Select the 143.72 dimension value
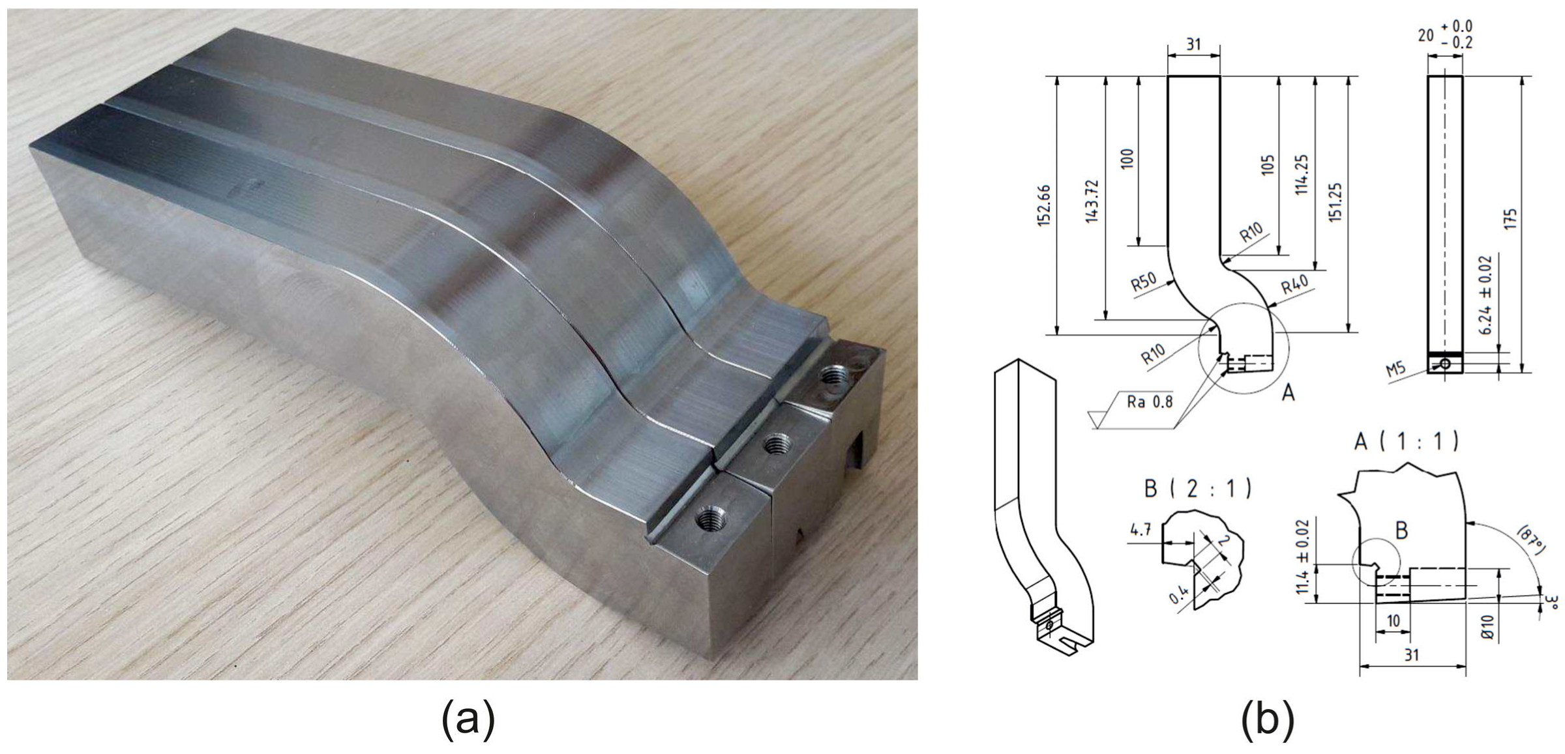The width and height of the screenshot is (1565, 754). [1092, 201]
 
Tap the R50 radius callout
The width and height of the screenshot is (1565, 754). [1143, 282]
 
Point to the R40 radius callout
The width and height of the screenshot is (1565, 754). [1294, 285]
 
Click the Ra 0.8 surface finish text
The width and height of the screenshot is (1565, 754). [1149, 402]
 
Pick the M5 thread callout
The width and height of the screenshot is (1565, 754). [1395, 370]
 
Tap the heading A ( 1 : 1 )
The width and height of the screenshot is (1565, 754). [1406, 442]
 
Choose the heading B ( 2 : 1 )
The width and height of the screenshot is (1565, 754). [1198, 488]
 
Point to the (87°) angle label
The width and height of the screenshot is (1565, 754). [1530, 541]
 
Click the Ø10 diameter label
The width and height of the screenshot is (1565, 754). [1487, 626]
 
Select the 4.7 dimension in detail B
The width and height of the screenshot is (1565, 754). [1140, 530]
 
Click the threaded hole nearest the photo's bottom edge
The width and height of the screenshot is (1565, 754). [709, 519]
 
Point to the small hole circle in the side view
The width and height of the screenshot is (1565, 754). [1446, 364]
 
